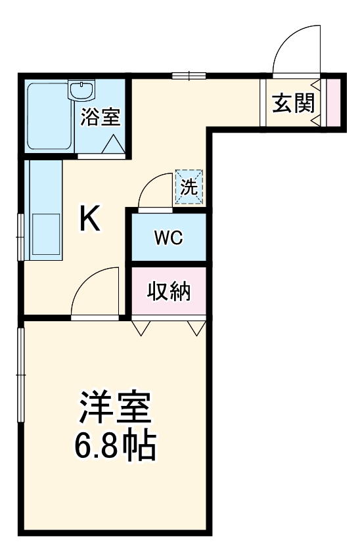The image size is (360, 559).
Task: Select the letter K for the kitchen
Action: click(90, 219)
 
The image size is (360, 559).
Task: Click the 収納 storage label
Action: click(168, 290)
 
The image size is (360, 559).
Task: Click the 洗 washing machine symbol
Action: click(189, 187)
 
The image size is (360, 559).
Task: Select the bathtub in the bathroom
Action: click(49, 117)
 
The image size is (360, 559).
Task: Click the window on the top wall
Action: click(189, 76)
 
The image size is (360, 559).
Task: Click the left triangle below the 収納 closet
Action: click(141, 328)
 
